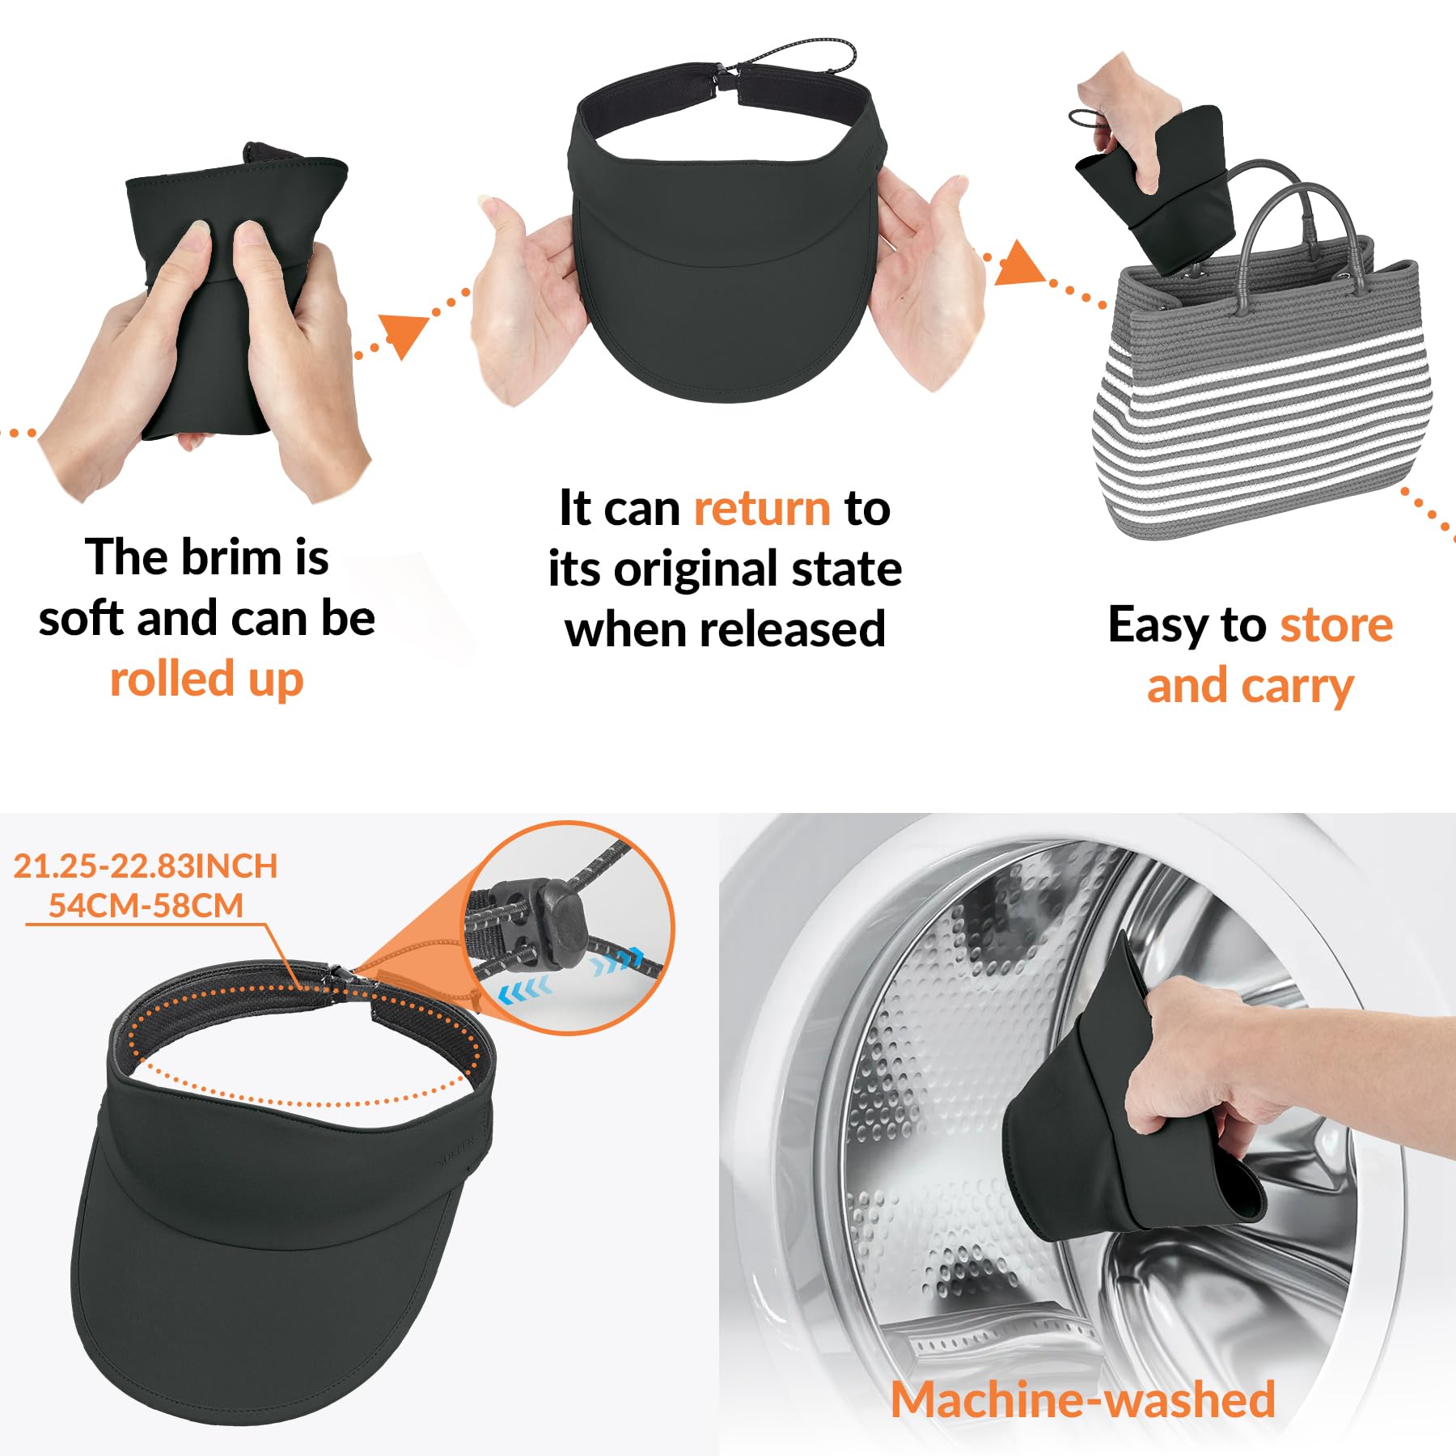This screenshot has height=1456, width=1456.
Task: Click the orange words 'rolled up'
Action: coord(207,679)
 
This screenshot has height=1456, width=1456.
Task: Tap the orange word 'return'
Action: coord(762,509)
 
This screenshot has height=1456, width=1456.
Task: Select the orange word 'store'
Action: coord(1336,624)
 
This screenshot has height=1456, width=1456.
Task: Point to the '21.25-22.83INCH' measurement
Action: coord(146,866)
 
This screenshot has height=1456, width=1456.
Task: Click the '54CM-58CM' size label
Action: coord(146,905)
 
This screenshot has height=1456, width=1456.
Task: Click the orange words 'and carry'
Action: coord(1251,687)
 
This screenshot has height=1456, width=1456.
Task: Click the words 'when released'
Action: coord(726,629)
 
